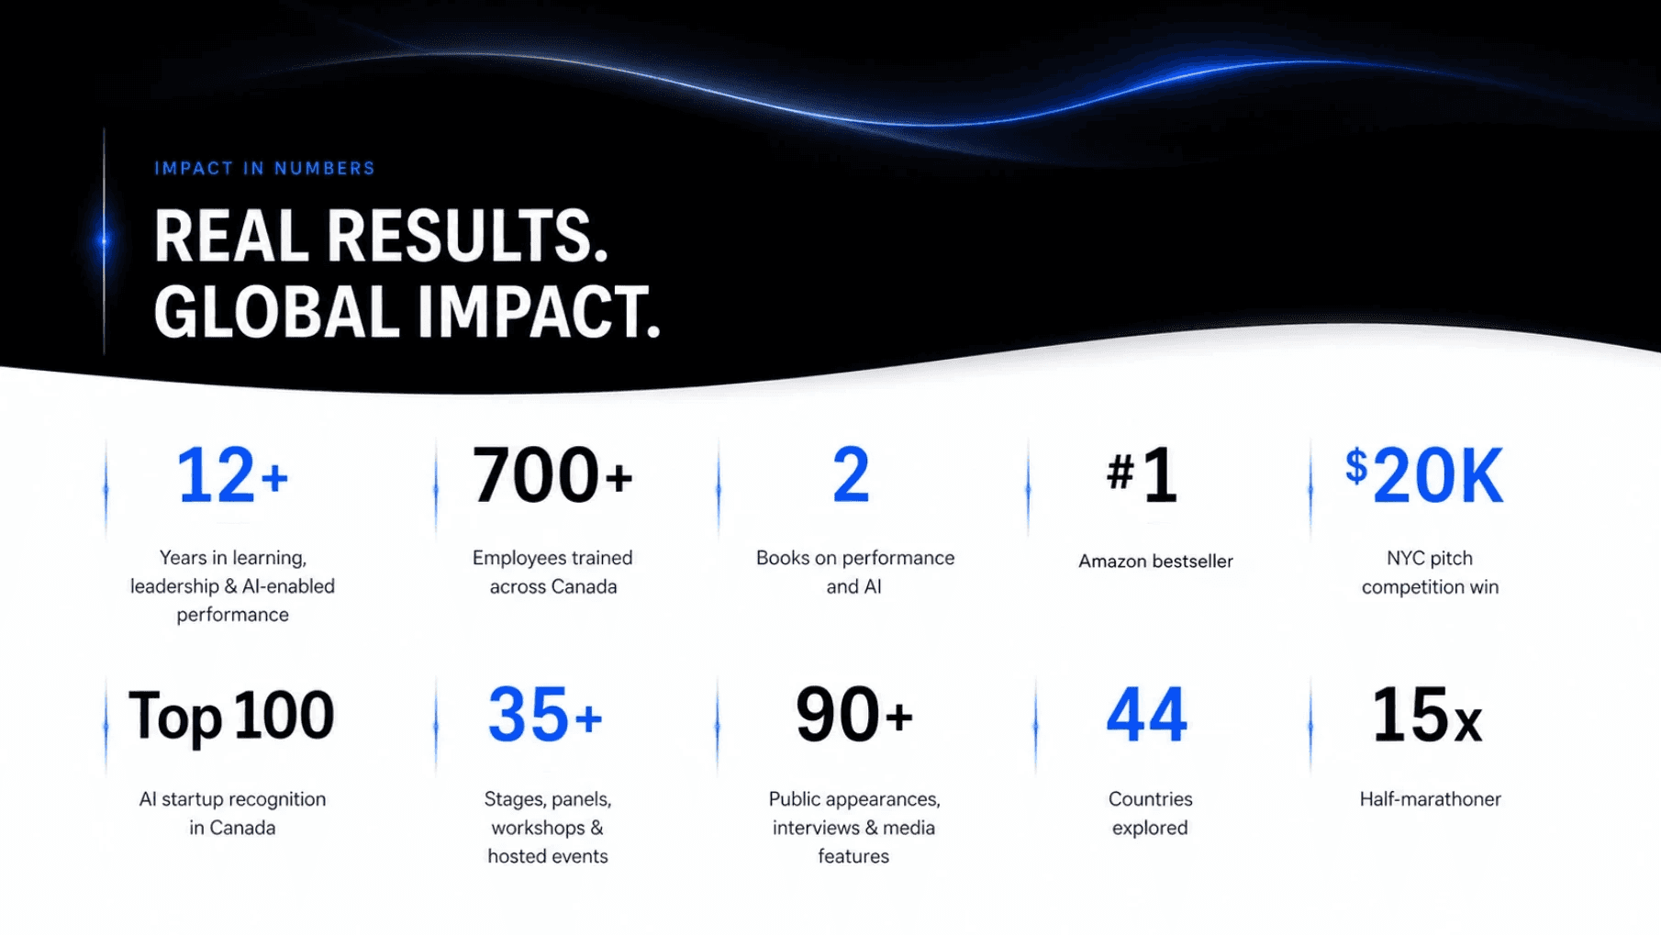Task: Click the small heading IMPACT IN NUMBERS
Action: [265, 169]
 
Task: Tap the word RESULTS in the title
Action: [467, 236]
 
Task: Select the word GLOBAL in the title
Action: [276, 312]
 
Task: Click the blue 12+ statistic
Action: [233, 475]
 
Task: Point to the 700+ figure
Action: [552, 475]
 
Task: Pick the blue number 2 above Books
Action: [851, 475]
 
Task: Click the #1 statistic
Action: [1142, 475]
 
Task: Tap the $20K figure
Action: [1424, 475]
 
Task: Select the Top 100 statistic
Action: [231, 716]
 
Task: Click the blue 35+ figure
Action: [545, 715]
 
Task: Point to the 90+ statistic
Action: [854, 715]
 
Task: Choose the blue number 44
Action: [1147, 715]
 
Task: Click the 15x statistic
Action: [1427, 715]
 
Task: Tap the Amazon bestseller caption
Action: [1155, 562]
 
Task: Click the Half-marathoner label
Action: [1431, 799]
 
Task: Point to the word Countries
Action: [1151, 799]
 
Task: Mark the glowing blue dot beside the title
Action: [104, 241]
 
